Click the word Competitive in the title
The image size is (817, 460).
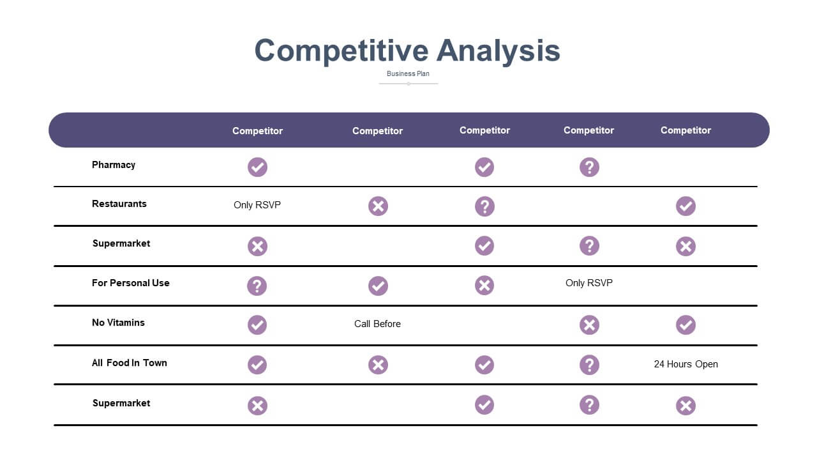pyautogui.click(x=341, y=51)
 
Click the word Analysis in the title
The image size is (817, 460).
pyautogui.click(x=498, y=51)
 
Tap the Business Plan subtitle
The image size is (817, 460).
pyautogui.click(x=408, y=73)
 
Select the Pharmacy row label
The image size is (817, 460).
pyautogui.click(x=114, y=165)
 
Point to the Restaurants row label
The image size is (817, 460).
pyautogui.click(x=119, y=204)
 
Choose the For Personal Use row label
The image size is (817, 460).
pyautogui.click(x=131, y=283)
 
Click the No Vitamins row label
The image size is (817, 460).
pyautogui.click(x=118, y=323)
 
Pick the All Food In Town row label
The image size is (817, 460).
pyautogui.click(x=130, y=363)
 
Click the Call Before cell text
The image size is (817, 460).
pyautogui.click(x=377, y=324)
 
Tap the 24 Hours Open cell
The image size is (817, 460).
pyautogui.click(x=686, y=364)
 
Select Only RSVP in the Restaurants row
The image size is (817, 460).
pyautogui.click(x=257, y=205)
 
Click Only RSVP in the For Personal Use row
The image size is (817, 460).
pyautogui.click(x=589, y=283)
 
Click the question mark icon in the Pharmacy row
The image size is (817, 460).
pyautogui.click(x=589, y=167)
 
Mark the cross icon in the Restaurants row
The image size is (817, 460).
pyautogui.click(x=379, y=206)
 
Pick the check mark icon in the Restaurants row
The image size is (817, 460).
pyautogui.click(x=686, y=206)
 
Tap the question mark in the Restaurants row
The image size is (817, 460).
pyautogui.click(x=484, y=206)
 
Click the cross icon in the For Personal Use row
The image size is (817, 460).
pyautogui.click(x=484, y=285)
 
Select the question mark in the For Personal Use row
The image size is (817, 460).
pyautogui.click(x=257, y=286)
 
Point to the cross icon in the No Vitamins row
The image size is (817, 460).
pyautogui.click(x=589, y=325)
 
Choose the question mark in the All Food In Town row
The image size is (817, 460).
pyautogui.click(x=589, y=365)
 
